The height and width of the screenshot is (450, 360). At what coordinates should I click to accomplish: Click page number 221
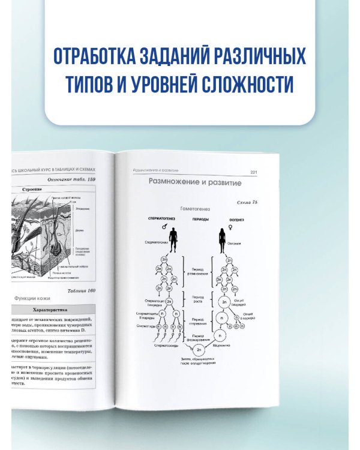254,172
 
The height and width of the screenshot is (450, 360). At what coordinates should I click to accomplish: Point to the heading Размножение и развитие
190,182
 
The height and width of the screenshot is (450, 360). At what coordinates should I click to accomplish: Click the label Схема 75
247,203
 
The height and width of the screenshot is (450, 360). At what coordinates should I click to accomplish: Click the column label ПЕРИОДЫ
200,220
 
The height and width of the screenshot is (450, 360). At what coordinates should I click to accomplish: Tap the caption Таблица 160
82,290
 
